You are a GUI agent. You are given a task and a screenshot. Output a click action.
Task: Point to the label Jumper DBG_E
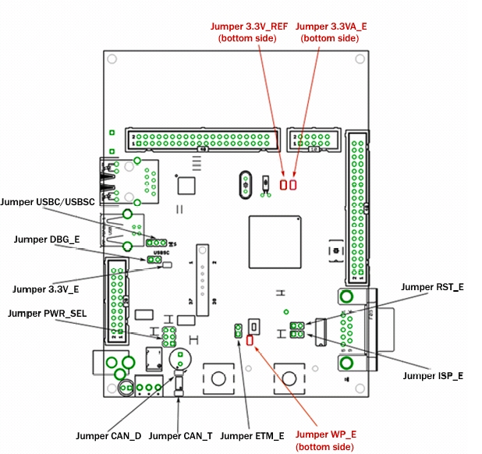46,239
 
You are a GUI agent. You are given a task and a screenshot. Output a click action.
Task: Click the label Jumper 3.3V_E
47,289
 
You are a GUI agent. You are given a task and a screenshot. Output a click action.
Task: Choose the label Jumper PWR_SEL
46,314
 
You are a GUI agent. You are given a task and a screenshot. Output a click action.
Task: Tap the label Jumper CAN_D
108,435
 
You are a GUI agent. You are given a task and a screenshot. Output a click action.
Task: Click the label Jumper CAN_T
179,435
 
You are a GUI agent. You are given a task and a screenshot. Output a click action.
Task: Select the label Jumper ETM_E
253,435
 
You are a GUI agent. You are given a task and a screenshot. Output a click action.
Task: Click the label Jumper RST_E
432,287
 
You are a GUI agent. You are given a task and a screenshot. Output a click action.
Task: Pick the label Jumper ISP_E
433,376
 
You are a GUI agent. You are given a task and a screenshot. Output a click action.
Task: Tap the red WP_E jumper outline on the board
250,340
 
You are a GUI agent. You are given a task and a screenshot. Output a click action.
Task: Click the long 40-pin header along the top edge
202,140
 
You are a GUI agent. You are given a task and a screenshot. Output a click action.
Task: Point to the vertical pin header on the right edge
357,207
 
